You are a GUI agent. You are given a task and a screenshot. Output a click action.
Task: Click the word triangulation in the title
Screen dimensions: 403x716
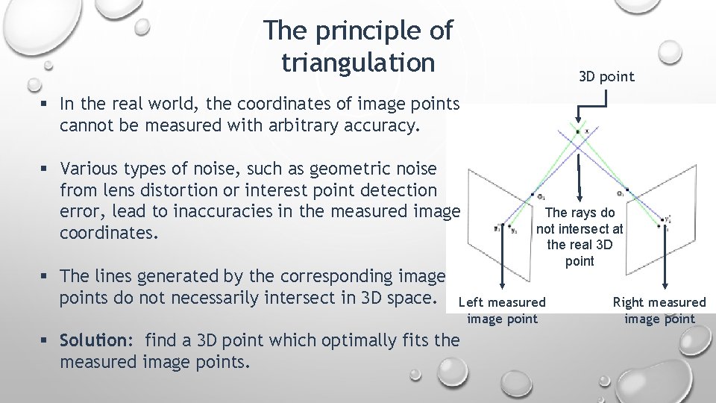[358, 63]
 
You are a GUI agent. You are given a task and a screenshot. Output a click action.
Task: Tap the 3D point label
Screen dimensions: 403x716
[606, 76]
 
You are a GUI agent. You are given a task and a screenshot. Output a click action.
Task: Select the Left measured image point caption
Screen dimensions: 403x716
[502, 310]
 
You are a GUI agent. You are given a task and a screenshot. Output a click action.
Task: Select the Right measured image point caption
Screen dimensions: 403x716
[659, 310]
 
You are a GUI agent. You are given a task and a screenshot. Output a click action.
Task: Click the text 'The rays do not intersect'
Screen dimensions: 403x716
[580, 221]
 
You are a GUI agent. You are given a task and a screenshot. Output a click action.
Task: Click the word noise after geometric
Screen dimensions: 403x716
[424, 169]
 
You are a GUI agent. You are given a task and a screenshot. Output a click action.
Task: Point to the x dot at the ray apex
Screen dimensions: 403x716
[578, 131]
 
